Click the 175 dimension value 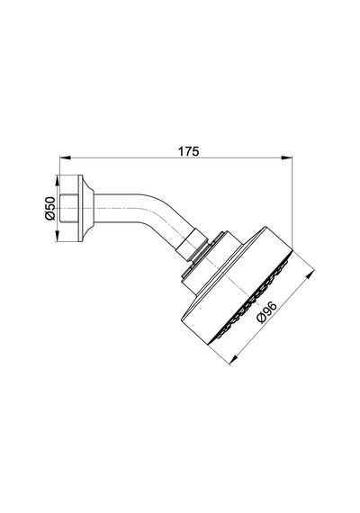[x=188, y=151]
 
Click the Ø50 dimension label [x=50, y=209]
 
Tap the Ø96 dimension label [x=267, y=312]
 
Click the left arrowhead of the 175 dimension [x=65, y=158]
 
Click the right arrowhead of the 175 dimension [x=287, y=158]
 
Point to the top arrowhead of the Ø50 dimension [x=57, y=181]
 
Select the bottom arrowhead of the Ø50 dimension [x=57, y=237]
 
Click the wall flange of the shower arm [x=85, y=209]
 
